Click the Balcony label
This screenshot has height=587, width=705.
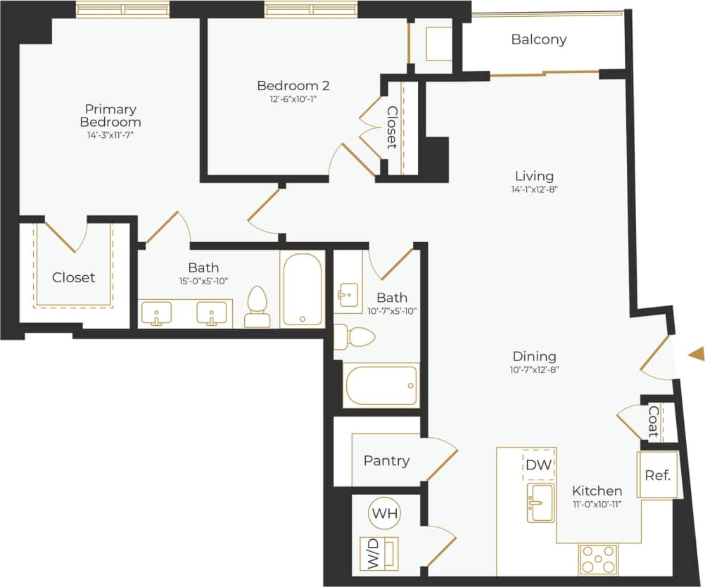coord(538,39)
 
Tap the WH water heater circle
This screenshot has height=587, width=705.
coord(385,513)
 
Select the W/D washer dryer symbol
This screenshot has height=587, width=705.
coord(379,553)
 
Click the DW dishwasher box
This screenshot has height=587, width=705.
coord(539,465)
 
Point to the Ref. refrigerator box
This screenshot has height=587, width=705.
coord(657,474)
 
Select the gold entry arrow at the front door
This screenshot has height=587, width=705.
coord(696,354)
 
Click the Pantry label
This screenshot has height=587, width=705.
coord(386,460)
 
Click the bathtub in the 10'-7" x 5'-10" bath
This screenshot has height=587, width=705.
coord(381,385)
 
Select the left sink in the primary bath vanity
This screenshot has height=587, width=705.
coord(156,313)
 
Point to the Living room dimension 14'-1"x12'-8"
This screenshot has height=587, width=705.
coord(534,189)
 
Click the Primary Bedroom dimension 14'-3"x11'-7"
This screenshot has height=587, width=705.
coord(110,134)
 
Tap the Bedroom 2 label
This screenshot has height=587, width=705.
coord(293,86)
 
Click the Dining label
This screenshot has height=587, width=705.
coord(534,356)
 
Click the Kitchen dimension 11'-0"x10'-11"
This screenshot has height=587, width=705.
coord(596,503)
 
